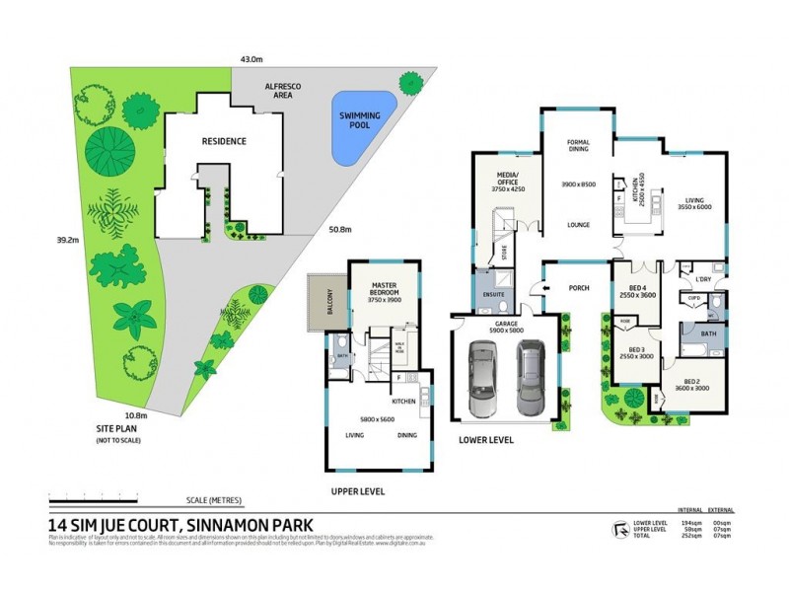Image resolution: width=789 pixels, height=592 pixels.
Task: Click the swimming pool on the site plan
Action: [x=360, y=128]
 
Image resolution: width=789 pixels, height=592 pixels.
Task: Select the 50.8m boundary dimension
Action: [x=341, y=230]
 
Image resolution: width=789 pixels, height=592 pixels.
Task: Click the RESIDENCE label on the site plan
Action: [x=224, y=141]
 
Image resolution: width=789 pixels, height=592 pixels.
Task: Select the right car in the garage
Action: [x=531, y=376]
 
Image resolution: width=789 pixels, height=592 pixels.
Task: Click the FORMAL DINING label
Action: [x=578, y=146]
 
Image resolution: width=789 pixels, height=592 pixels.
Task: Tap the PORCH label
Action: [x=579, y=289]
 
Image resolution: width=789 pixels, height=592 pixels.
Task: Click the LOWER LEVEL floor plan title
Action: [x=487, y=440]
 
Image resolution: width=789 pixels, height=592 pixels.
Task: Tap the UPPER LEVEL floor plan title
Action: [x=358, y=491]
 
